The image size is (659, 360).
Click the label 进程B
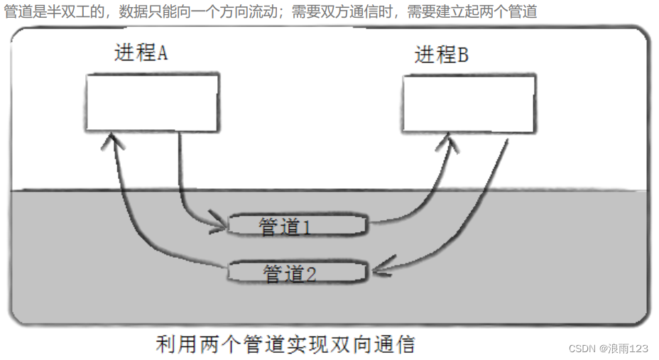(441, 55)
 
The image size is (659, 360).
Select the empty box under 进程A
(151, 102)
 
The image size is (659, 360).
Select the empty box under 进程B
(468, 104)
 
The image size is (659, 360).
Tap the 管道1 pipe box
(298, 226)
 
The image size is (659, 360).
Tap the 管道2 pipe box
(298, 272)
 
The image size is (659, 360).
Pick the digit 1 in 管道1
(307, 227)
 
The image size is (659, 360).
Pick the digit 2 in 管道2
(310, 273)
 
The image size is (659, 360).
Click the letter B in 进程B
(462, 55)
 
